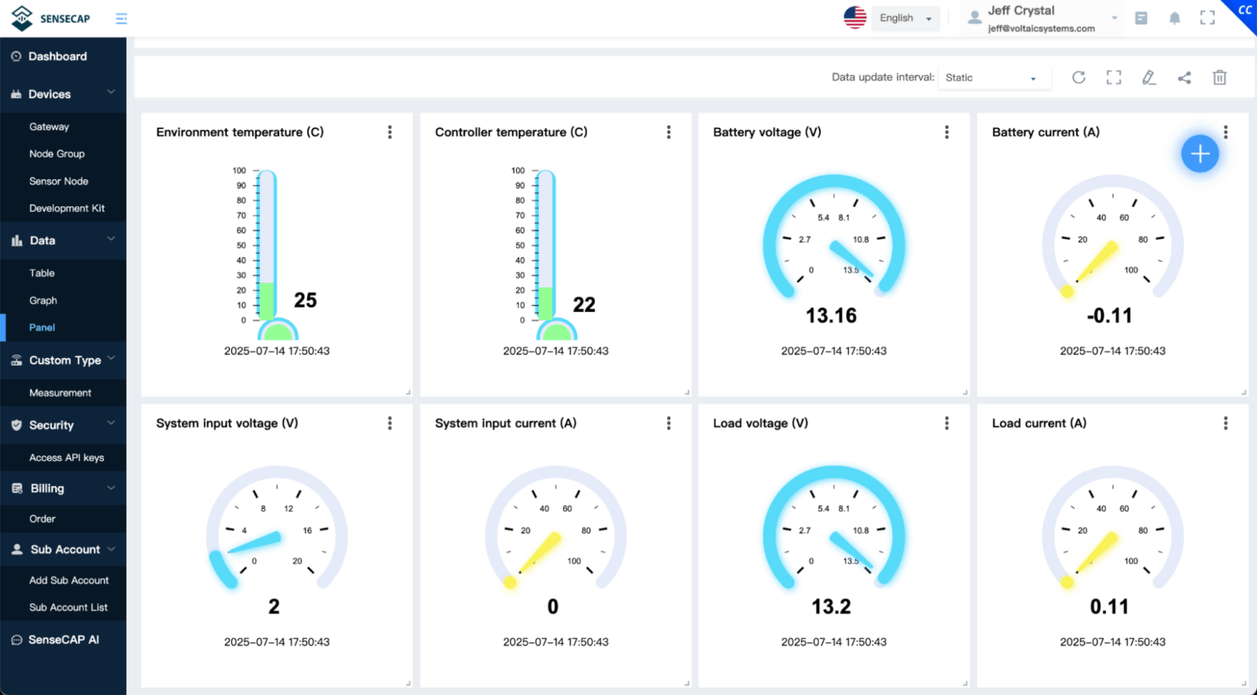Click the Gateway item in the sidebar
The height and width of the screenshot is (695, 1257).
coord(49,127)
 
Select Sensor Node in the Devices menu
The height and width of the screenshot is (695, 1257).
coord(59,181)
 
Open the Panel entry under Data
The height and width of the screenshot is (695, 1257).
coord(42,328)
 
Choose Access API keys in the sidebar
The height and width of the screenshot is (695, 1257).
coord(66,458)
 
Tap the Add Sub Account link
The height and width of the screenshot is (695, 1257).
coord(69,580)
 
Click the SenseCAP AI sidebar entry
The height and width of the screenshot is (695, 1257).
coord(64,640)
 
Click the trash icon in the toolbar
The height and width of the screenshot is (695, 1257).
coord(1219,77)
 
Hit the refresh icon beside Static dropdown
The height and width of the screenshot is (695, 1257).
coord(1079,77)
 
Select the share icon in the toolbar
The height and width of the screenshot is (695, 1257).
coord(1184,77)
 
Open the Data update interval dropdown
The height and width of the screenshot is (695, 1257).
coord(991,78)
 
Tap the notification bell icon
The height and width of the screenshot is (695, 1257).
coord(1175,18)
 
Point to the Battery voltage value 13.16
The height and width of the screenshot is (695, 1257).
coord(831,316)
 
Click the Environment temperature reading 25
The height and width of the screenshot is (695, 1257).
coord(305,300)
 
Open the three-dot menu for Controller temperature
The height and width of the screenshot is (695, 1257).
coord(669,132)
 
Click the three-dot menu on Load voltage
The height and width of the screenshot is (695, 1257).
coord(947,423)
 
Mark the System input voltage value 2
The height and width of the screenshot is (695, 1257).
coord(274,607)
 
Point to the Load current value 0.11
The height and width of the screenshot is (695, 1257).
coord(1110,607)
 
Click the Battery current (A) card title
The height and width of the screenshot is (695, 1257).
coord(1046,132)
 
